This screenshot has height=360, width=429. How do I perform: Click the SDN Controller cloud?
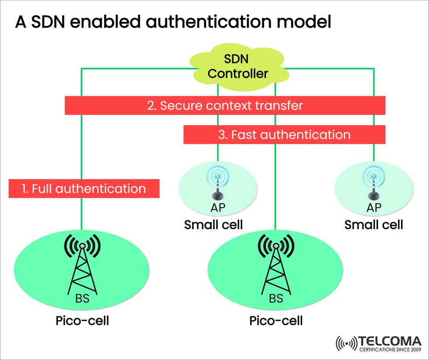click(x=237, y=67)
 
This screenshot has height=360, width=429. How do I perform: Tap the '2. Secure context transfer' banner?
click(x=225, y=106)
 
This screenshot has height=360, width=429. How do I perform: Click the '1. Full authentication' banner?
click(x=84, y=188)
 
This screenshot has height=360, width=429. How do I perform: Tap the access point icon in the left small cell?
click(x=218, y=183)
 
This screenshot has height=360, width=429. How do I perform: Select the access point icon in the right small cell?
click(x=374, y=183)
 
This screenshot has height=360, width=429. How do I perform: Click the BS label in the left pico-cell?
click(x=82, y=298)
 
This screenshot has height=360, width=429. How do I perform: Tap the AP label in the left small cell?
click(x=218, y=208)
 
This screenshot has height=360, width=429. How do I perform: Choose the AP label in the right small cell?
click(x=374, y=208)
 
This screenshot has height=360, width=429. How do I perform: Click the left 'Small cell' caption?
click(x=214, y=224)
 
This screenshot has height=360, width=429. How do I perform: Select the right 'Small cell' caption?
click(x=374, y=224)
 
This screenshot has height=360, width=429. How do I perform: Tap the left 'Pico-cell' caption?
click(x=82, y=321)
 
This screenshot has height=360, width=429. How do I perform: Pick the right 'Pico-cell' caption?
click(x=276, y=321)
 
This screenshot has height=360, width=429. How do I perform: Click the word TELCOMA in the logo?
click(x=390, y=341)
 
